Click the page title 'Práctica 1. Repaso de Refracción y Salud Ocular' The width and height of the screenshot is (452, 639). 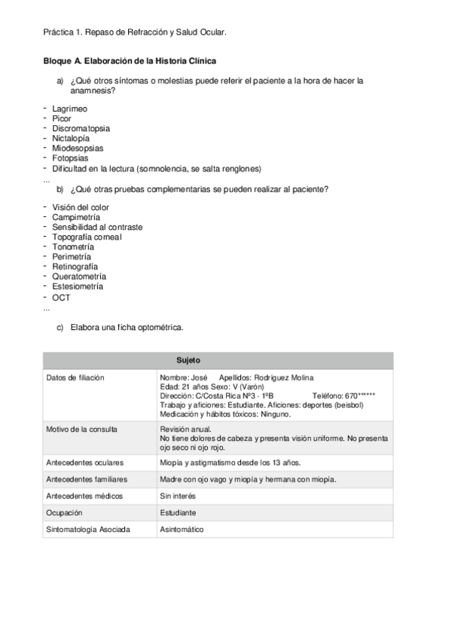135,32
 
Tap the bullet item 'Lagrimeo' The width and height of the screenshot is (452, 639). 70,109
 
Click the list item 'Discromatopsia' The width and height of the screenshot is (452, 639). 79,129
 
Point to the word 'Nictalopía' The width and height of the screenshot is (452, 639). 71,139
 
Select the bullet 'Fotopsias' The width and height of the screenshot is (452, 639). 70,158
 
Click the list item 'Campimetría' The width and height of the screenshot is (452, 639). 76,217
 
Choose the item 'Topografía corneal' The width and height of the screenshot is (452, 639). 87,237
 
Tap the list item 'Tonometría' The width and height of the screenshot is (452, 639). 73,246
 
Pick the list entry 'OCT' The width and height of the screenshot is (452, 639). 61,297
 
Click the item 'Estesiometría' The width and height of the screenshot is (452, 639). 78,286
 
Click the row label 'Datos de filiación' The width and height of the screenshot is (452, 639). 75,377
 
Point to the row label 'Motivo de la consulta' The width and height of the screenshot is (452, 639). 81,429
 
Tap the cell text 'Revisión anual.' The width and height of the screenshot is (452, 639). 185,429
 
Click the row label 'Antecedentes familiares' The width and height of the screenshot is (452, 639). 87,479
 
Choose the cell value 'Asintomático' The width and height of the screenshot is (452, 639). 182,530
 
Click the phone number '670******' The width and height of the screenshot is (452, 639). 359,396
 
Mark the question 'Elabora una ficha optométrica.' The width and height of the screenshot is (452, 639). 127,328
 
